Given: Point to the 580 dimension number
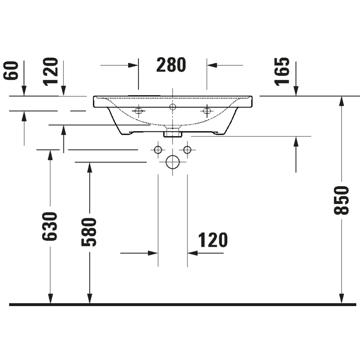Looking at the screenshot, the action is [89, 232].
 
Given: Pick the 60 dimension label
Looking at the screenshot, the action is [12, 71].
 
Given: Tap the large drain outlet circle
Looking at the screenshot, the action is [172, 162].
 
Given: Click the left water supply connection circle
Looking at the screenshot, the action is [158, 149].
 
